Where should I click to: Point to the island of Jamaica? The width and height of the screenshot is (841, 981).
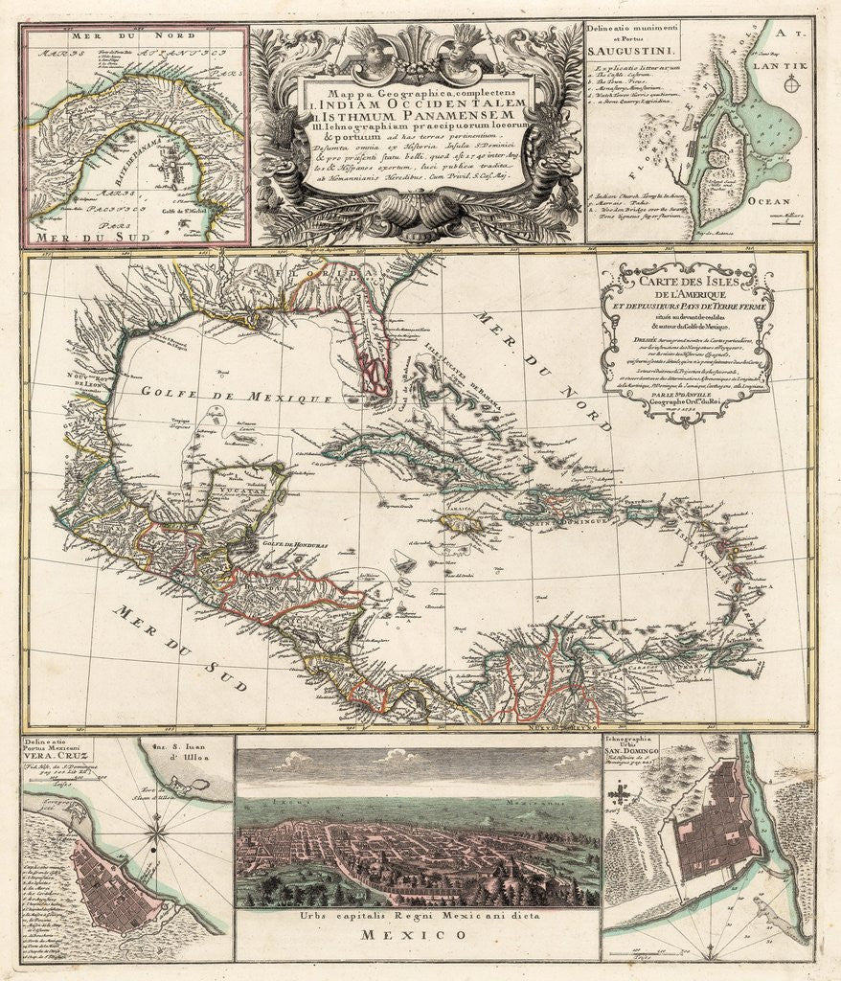(x=464, y=523)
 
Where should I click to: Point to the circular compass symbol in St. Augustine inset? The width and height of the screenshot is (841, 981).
(x=791, y=86)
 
